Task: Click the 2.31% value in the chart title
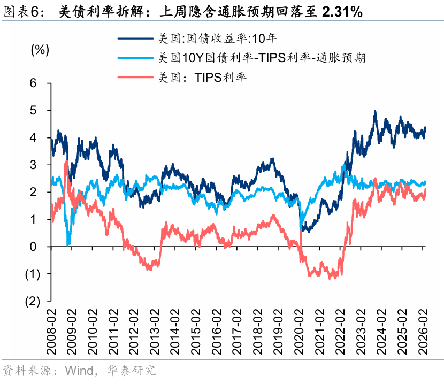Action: (x=342, y=12)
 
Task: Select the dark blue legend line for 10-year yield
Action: (x=136, y=38)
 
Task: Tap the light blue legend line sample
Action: (x=136, y=58)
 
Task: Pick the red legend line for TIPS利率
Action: (x=136, y=77)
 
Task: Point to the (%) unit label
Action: (x=40, y=50)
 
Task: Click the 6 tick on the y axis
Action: (x=33, y=83)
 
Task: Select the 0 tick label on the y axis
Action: (x=33, y=247)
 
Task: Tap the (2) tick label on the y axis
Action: (x=33, y=302)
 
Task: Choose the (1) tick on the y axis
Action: (x=33, y=274)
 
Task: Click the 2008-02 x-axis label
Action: (x=51, y=332)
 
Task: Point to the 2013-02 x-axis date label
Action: (x=155, y=332)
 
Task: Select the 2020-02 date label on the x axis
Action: (x=299, y=332)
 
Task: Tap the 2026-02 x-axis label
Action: (x=423, y=332)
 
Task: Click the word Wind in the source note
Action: (x=80, y=371)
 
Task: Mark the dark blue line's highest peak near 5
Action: (x=375, y=111)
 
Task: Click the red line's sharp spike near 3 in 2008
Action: (x=66, y=161)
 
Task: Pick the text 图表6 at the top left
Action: (x=20, y=12)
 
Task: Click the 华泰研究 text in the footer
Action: (x=132, y=371)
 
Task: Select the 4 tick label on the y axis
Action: (x=33, y=137)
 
